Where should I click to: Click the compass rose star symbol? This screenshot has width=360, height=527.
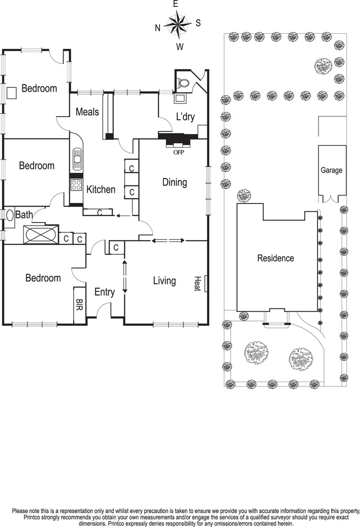(x=178, y=23)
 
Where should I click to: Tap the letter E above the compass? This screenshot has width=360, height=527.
(x=177, y=4)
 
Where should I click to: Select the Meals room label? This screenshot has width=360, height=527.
(x=87, y=112)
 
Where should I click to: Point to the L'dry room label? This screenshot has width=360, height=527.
(x=185, y=117)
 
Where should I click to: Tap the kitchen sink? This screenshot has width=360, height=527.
(x=77, y=158)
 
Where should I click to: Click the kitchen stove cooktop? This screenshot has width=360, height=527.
(x=77, y=185)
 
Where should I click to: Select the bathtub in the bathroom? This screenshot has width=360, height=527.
(x=40, y=234)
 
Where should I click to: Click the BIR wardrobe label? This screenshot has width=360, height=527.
(x=79, y=305)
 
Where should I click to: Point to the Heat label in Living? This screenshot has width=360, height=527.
(x=198, y=284)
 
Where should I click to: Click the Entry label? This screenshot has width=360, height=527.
(x=104, y=292)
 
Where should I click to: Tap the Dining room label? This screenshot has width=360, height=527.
(x=175, y=182)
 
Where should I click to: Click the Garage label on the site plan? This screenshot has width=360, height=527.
(x=331, y=170)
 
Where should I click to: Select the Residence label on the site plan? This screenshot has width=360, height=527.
(x=276, y=258)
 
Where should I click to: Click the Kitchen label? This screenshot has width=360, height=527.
(x=101, y=189)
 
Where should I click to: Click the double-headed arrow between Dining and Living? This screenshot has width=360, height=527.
(x=168, y=241)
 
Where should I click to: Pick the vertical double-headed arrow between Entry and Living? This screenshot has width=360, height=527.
(x=124, y=277)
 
